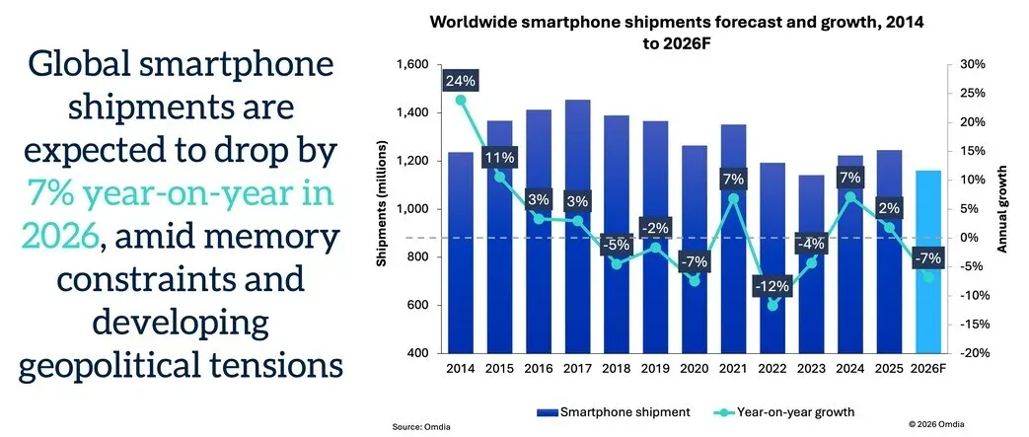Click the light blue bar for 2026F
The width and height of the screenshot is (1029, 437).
(929, 262)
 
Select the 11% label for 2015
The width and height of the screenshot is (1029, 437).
(498, 158)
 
